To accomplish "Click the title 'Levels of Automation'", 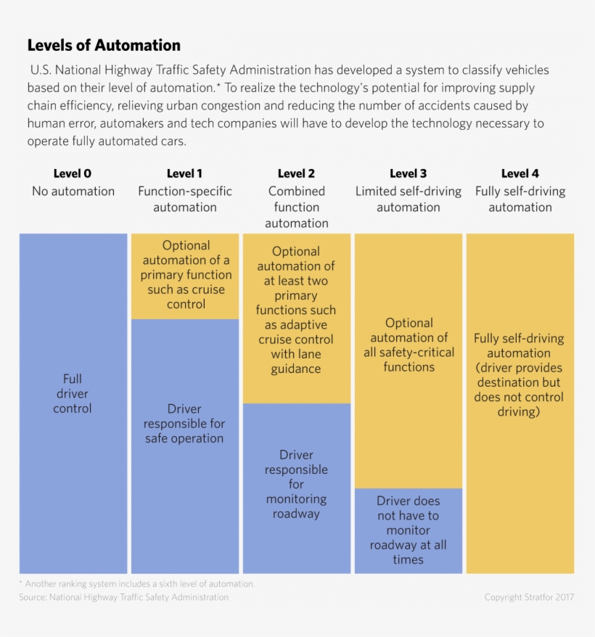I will tap(104, 45).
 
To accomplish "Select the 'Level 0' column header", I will tap(73, 173).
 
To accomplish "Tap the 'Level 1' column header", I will tap(184, 173).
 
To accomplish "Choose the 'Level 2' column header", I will tap(296, 173).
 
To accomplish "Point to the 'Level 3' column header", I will tap(408, 173).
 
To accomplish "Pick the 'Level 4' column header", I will tap(520, 173).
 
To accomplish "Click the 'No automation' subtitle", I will tap(73, 192).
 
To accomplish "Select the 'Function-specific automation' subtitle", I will tap(184, 200).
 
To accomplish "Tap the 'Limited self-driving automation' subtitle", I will tap(408, 200).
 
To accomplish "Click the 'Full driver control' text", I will tap(73, 393).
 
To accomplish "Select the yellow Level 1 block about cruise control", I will tap(185, 275).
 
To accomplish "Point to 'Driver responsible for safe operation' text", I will tap(184, 424).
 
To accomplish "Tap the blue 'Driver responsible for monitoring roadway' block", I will tap(296, 485).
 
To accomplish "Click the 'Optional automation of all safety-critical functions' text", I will tap(409, 345).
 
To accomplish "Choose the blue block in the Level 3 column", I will tap(408, 530).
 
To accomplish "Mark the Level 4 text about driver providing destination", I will tap(519, 375).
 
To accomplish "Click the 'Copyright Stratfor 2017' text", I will tap(529, 597).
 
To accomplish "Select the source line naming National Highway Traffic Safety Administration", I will tap(123, 597).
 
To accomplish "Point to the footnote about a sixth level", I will tap(136, 583).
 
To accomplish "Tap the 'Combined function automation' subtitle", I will tap(296, 207).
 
